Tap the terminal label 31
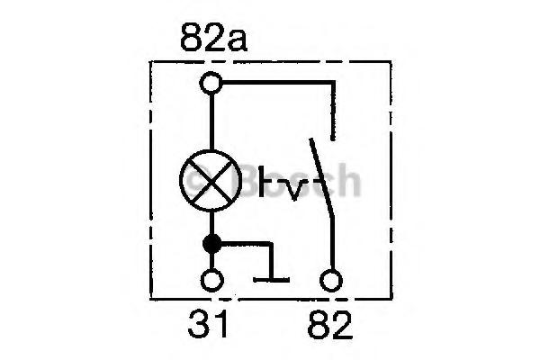click(213, 323)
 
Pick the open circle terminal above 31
click(212, 280)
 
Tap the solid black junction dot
click(212, 242)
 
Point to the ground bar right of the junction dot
click(271, 279)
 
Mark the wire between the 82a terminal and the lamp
click(212, 121)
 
